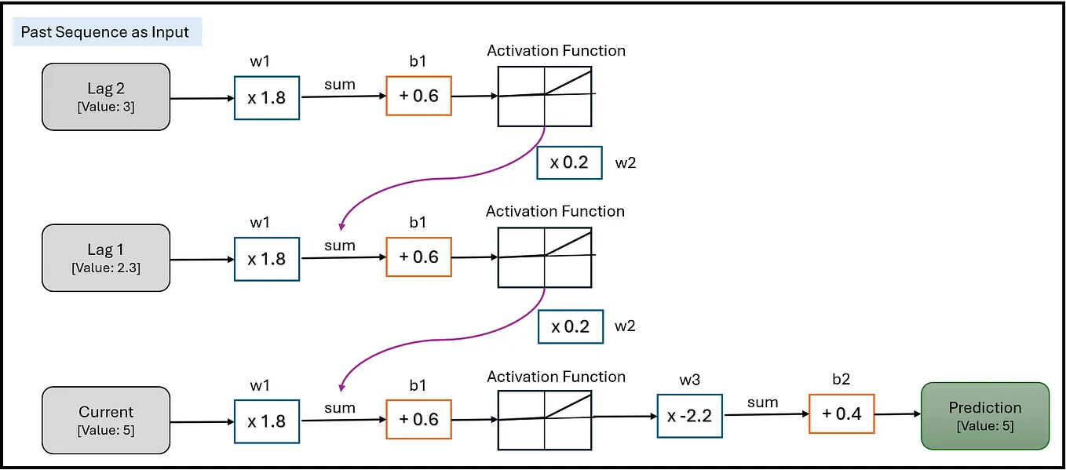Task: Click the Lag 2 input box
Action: point(106,97)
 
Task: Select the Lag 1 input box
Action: point(106,257)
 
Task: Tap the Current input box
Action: point(106,420)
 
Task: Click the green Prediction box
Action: point(984,416)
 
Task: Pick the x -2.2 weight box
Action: point(689,415)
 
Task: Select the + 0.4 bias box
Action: point(841,414)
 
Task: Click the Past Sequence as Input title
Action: point(105,32)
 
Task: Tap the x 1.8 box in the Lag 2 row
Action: point(267,97)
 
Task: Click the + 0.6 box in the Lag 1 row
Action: point(418,257)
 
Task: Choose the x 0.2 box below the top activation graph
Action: point(569,162)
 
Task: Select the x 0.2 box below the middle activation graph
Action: point(570,326)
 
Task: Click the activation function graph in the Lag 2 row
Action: point(545,96)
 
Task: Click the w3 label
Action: point(688,381)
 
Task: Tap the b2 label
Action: point(841,380)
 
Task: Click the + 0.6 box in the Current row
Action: point(418,419)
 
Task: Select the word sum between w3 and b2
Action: point(762,403)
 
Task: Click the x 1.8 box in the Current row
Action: point(267,421)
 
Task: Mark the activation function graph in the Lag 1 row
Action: point(545,257)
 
